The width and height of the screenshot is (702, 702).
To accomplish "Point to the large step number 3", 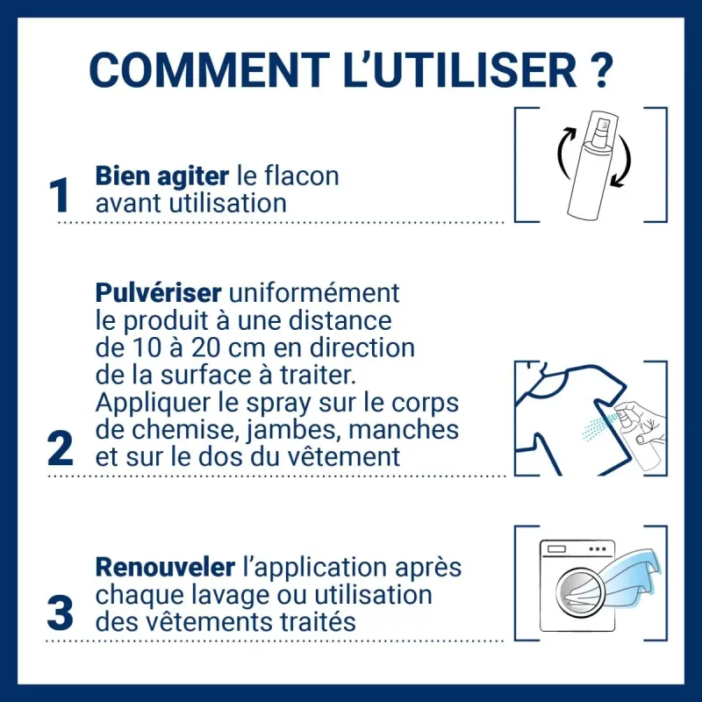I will pyautogui.click(x=61, y=613).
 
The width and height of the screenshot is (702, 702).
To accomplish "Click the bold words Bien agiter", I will pyautogui.click(x=161, y=175).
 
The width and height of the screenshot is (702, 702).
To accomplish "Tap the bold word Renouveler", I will pyautogui.click(x=165, y=567).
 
